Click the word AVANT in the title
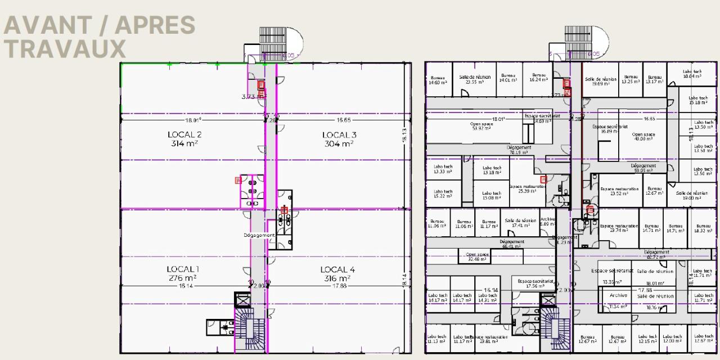(x=47, y=25)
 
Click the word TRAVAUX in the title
(x=65, y=49)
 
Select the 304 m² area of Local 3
(x=339, y=143)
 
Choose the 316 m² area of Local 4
(x=337, y=278)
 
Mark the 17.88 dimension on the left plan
(x=338, y=286)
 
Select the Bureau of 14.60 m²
(x=438, y=80)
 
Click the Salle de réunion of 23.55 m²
(x=475, y=79)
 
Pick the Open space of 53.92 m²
(x=481, y=125)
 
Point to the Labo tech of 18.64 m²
(x=692, y=74)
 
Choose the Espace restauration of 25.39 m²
(x=527, y=188)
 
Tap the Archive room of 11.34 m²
(x=618, y=300)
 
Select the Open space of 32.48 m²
(x=477, y=256)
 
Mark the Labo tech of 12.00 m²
(x=672, y=339)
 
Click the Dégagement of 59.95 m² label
(x=643, y=168)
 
